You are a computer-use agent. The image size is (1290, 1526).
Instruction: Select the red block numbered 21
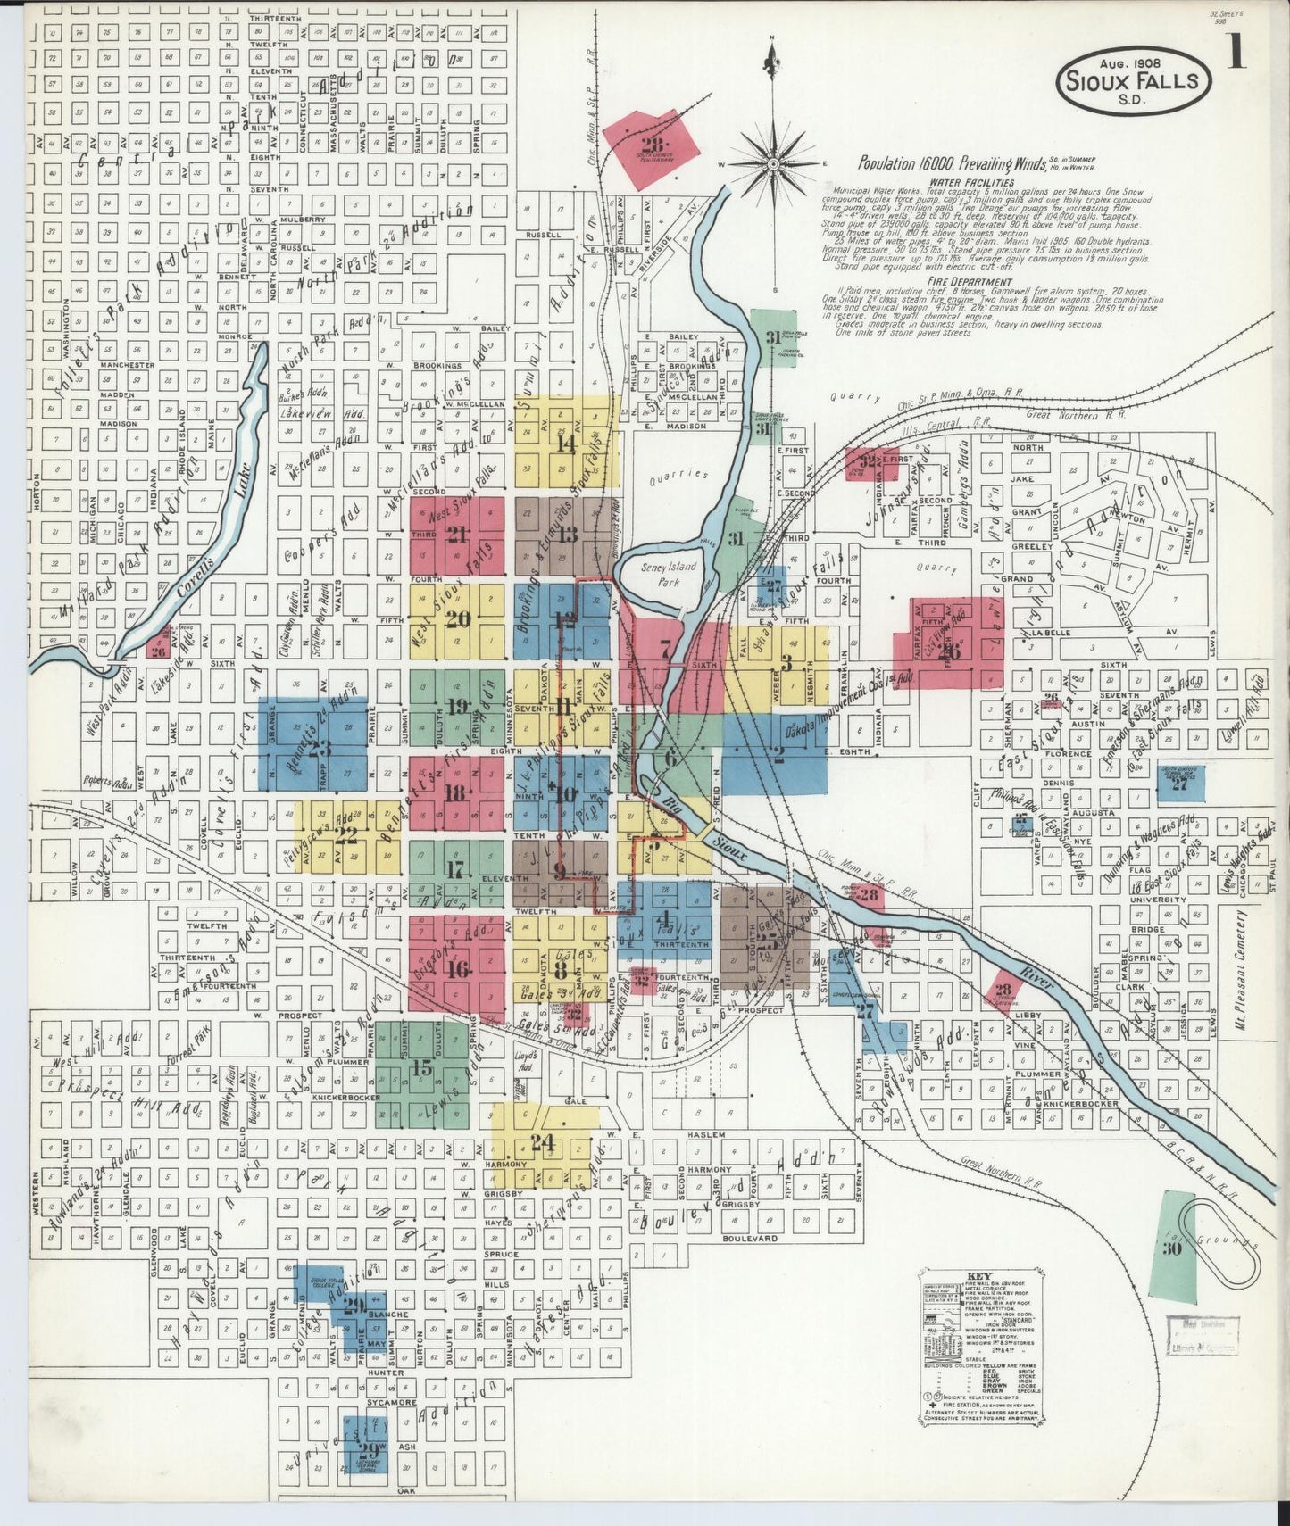pyautogui.click(x=458, y=535)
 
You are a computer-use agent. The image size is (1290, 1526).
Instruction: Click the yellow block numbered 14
pyautogui.click(x=565, y=442)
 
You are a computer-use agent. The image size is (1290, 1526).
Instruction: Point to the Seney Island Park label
pyautogui.click(x=662, y=575)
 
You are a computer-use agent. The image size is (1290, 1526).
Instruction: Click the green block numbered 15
pyautogui.click(x=422, y=1068)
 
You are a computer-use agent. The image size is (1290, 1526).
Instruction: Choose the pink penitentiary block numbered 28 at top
pyautogui.click(x=650, y=146)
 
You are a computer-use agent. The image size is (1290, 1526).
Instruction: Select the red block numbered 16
pyautogui.click(x=458, y=969)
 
